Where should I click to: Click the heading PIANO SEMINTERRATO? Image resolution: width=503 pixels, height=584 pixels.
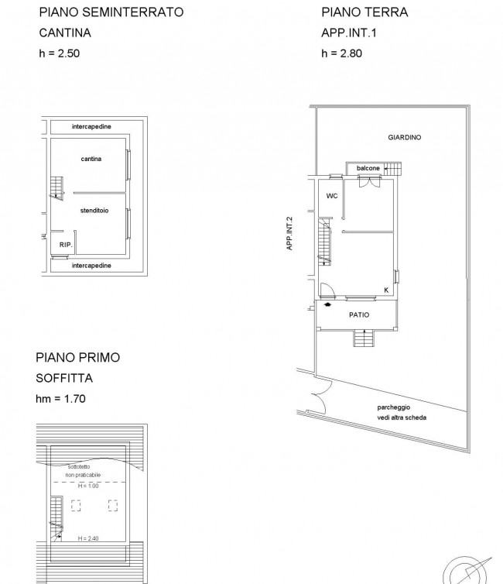(111, 12)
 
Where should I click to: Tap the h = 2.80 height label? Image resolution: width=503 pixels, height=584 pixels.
(341, 53)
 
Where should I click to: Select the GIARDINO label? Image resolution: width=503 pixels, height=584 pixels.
(405, 137)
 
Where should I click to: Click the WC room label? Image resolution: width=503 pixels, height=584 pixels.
(332, 196)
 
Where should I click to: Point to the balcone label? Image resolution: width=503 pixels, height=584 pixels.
(368, 168)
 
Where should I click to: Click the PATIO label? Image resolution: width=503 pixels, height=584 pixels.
(359, 315)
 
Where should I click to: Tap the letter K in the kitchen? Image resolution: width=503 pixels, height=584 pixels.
(386, 290)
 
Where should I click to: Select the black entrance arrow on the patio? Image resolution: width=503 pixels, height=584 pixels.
(328, 304)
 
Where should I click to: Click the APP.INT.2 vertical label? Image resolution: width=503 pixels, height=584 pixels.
(289, 234)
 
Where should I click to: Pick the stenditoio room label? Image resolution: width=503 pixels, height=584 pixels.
(94, 211)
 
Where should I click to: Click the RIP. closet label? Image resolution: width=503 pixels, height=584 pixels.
(66, 245)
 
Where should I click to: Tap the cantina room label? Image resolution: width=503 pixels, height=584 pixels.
(91, 159)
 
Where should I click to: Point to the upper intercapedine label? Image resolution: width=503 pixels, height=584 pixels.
(91, 126)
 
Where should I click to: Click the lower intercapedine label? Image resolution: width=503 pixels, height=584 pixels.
(91, 266)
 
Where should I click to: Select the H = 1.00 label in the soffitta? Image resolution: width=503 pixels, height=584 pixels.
(88, 486)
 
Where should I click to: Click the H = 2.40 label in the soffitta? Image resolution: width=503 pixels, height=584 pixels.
(88, 538)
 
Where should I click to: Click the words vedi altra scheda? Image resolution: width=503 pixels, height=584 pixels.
(402, 417)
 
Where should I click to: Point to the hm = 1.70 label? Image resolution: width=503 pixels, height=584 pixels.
(60, 399)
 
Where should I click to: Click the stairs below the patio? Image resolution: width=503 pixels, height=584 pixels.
(364, 338)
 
